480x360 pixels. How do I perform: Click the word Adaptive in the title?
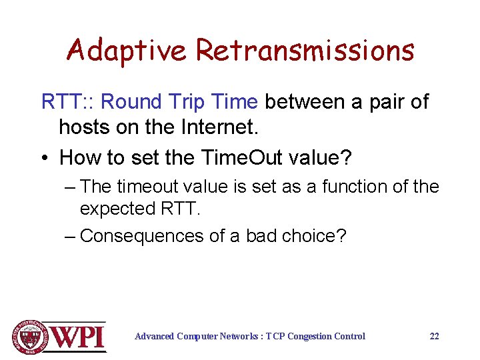coord(127,51)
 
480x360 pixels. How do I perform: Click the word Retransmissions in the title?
coord(305,51)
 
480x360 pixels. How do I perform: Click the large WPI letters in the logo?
coord(79,337)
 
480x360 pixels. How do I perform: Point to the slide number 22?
coord(435,336)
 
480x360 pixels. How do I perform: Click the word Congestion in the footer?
coord(315,336)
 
